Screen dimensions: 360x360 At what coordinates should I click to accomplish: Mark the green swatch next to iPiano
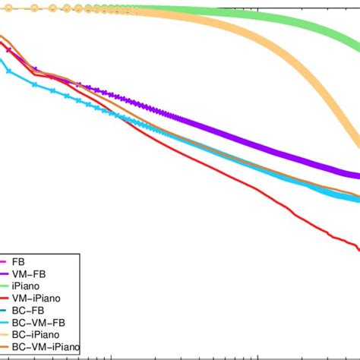coord(6,289)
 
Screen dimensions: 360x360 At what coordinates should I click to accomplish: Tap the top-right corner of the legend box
coord(79,254)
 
